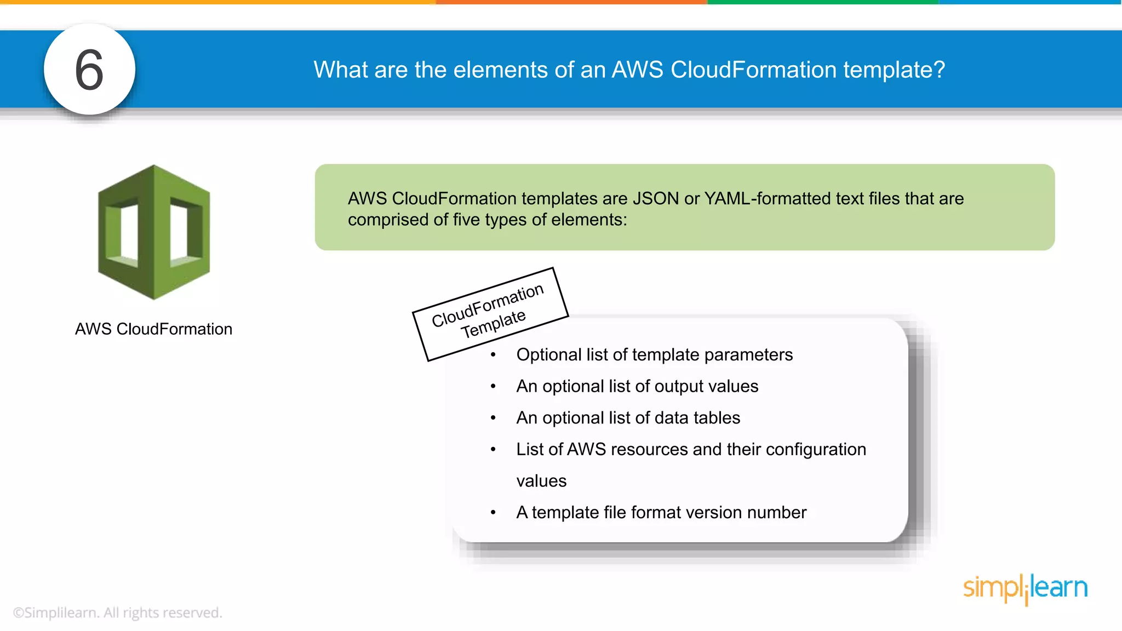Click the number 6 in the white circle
pyautogui.click(x=89, y=70)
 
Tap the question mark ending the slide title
pyautogui.click(x=939, y=70)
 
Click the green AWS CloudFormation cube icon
pyautogui.click(x=154, y=232)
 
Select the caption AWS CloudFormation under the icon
pyautogui.click(x=153, y=329)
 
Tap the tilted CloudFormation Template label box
pyautogui.click(x=490, y=314)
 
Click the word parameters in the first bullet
pyautogui.click(x=748, y=355)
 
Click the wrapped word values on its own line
pyautogui.click(x=541, y=481)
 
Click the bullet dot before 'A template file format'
pyautogui.click(x=493, y=513)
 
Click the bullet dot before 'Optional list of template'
pyautogui.click(x=493, y=355)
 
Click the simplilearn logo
pyautogui.click(x=1025, y=588)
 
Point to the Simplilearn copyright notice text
pyautogui.click(x=118, y=612)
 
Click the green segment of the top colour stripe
pyautogui.click(x=822, y=2)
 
